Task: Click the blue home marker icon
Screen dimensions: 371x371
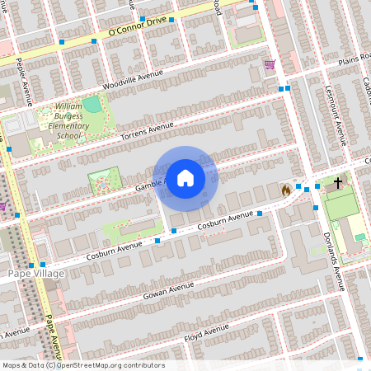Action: pos(185,177)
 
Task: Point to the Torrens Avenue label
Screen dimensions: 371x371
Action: pos(147,130)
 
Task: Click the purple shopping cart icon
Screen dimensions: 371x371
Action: pos(269,63)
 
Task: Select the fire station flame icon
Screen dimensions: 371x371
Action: pos(286,190)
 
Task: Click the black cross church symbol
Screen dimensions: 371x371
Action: pos(338,182)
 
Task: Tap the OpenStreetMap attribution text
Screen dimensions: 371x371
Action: pos(82,365)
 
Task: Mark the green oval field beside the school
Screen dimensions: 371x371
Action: pos(92,105)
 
